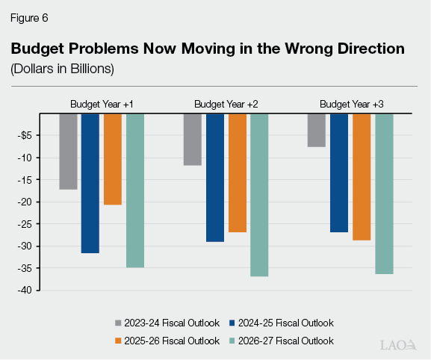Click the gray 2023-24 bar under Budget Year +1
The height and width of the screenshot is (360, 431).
(69, 151)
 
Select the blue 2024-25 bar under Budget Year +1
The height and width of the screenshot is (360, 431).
(90, 183)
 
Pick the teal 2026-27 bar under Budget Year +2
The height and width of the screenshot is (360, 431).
(259, 195)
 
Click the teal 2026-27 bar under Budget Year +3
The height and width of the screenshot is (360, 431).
(384, 193)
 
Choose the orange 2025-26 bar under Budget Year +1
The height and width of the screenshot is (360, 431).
(113, 159)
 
